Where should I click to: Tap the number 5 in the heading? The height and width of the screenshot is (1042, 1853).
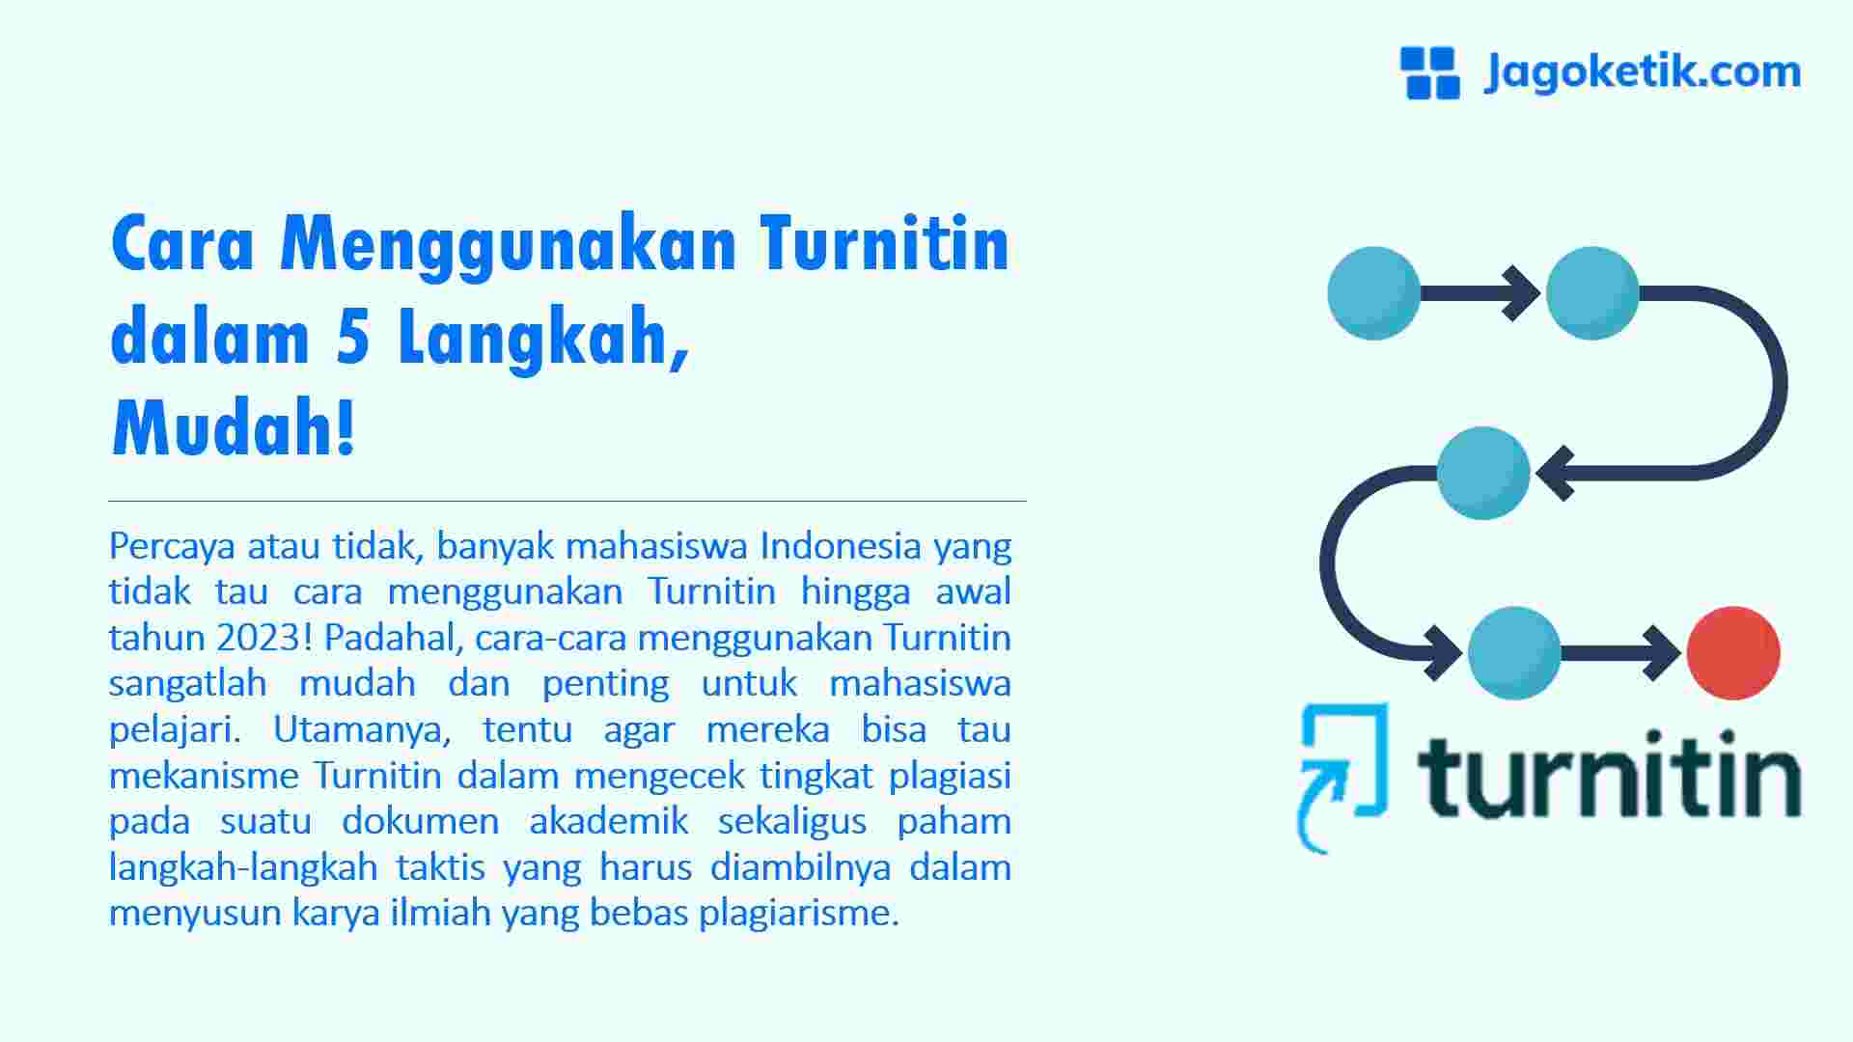354,339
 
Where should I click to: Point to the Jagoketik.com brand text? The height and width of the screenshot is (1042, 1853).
1642,72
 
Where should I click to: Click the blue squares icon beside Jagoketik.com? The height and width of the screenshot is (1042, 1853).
1429,73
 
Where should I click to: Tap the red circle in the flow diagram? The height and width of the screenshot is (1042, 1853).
1732,653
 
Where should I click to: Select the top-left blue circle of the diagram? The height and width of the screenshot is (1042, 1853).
1373,293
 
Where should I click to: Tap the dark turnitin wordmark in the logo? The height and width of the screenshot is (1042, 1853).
1608,777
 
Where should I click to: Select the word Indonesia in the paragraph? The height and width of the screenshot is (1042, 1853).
841,546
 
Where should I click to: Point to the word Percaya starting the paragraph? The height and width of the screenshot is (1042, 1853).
172,547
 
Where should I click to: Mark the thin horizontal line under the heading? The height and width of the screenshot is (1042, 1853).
567,502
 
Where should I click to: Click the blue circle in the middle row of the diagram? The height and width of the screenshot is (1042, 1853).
1482,473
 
